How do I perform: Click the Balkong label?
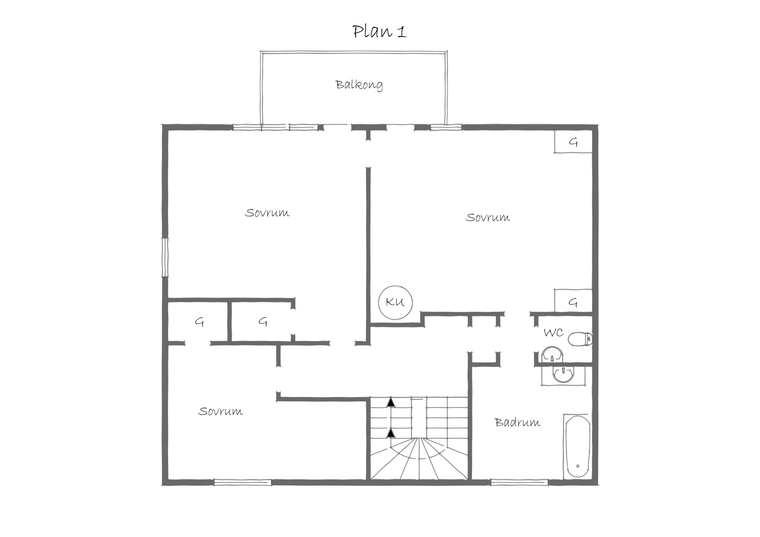359,85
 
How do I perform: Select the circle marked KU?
395,302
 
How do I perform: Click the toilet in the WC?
580,339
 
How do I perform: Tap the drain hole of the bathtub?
578,466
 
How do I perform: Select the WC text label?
554,333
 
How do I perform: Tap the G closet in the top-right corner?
573,142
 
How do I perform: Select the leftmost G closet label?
199,322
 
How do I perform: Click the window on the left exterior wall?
165,257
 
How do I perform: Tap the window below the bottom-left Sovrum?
243,482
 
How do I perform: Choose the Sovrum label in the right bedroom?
488,217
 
